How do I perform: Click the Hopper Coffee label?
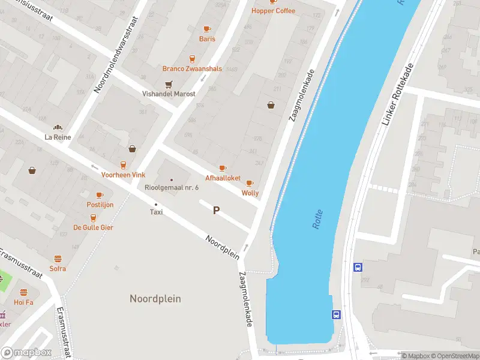coord(273,11)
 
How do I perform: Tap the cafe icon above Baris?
coord(207,29)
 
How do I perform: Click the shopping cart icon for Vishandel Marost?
coord(169,85)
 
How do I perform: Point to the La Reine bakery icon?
coord(58,127)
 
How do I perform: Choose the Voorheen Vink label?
coord(123,175)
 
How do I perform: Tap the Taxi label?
coord(156,212)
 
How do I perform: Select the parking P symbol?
coord(216,211)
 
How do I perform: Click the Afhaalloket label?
coord(223,178)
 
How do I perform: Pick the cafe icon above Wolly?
coord(250,184)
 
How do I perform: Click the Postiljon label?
coord(100,205)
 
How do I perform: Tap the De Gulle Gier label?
coord(93,227)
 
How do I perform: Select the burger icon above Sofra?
coord(58,259)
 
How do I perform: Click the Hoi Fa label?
coord(23,302)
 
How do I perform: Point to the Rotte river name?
coord(317,219)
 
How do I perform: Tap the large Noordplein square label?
coord(155,298)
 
